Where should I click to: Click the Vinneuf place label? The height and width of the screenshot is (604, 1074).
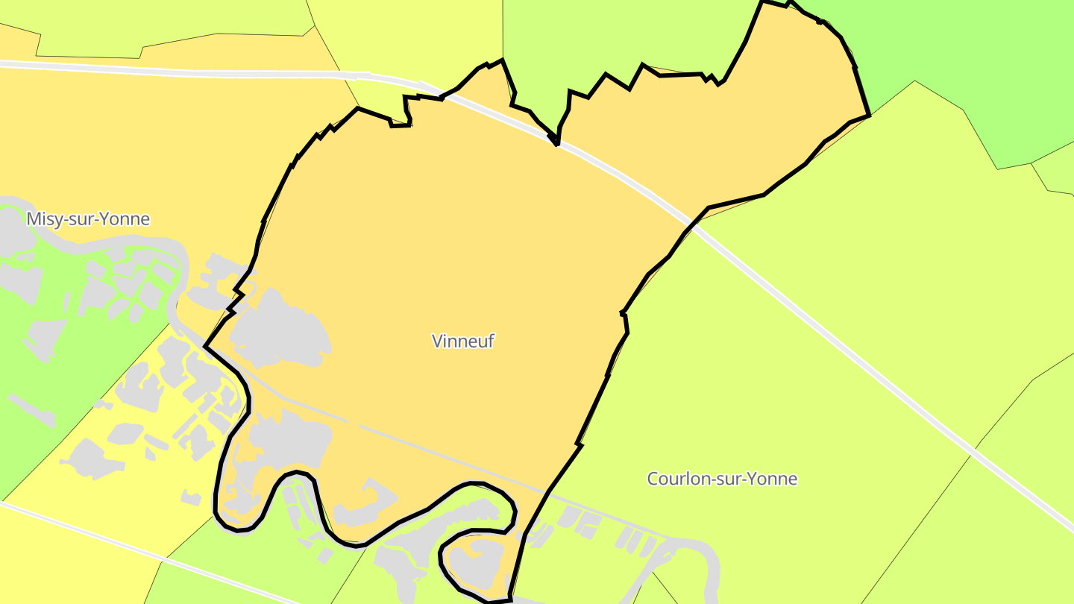click(462, 341)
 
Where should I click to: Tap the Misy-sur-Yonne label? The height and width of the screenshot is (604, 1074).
click(88, 219)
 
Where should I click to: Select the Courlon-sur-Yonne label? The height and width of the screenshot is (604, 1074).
click(722, 479)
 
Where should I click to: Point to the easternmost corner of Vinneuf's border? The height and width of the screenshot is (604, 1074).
click(869, 116)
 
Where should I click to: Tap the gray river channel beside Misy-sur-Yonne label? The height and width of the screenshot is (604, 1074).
click(112, 243)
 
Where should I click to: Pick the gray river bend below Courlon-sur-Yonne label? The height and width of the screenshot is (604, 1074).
click(697, 552)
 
